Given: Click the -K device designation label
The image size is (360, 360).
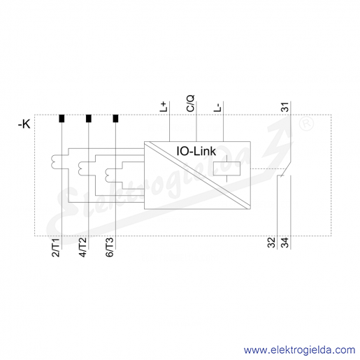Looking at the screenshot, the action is tap(24, 124).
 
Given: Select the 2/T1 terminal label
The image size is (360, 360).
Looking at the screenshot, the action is tap(56, 247).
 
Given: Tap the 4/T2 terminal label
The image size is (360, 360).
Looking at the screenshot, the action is tap(82, 247).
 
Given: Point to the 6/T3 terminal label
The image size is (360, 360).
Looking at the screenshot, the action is tap(110, 247).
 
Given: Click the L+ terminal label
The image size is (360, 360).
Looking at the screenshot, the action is tap(164, 106).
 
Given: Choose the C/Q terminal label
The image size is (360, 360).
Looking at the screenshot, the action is tap(191, 103).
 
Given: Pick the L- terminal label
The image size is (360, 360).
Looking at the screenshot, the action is tap(217, 108).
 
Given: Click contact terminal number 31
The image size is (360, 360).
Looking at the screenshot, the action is tap(285, 107).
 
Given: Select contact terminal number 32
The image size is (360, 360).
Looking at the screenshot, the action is tap(271, 243).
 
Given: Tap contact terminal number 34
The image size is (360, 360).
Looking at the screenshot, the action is tap(285, 243).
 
